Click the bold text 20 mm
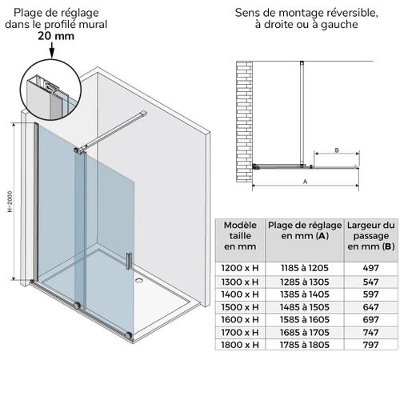(x=50, y=35)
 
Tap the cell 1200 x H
(x=240, y=268)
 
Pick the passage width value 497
(x=370, y=268)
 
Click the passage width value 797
(x=370, y=345)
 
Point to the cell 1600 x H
(x=240, y=319)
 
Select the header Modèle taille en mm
(x=240, y=236)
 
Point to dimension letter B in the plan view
(x=337, y=150)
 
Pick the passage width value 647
(x=370, y=306)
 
